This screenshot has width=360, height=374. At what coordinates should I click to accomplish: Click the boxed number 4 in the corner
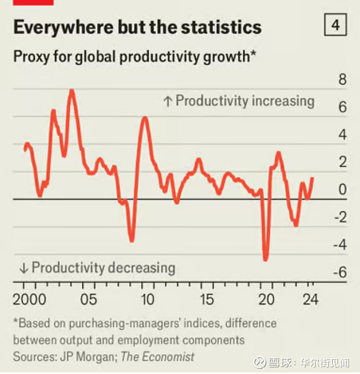coord(336,26)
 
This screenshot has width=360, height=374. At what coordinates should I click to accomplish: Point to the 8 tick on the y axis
coord(342,80)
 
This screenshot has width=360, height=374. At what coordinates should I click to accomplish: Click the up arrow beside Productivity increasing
coord(168,101)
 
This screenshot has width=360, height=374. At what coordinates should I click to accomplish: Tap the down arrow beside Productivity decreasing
coord(23,268)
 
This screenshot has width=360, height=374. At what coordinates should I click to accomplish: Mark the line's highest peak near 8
coord(71,91)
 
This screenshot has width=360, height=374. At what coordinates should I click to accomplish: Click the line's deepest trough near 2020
coord(265,259)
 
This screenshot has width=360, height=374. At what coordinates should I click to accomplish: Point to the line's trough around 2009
coord(132,240)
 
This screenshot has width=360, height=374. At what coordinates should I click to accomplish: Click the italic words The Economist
coord(158,357)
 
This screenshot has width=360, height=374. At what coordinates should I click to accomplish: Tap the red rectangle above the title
coord(33,2)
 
